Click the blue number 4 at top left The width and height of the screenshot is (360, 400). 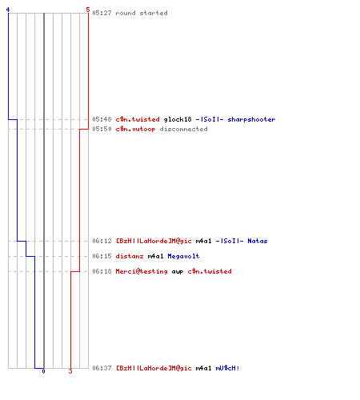8,10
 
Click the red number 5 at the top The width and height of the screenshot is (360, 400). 88,10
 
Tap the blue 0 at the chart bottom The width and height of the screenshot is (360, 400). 43,371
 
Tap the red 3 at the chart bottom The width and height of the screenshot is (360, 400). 70,371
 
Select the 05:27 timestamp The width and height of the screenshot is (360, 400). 102,13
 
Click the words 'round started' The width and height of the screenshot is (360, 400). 142,13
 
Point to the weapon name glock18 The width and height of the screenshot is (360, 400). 178,119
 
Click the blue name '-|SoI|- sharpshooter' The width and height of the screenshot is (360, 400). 235,119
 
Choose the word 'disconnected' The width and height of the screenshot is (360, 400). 183,129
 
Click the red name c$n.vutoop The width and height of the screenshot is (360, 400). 135,129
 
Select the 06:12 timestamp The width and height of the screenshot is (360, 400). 102,241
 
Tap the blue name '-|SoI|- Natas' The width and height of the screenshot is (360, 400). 242,241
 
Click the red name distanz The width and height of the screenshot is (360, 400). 130,256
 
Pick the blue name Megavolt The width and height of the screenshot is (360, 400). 183,256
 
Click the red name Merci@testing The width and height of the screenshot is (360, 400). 142,271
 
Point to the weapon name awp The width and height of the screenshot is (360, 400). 178,272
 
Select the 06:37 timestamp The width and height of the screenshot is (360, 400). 102,368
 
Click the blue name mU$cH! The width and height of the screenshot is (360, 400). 227,368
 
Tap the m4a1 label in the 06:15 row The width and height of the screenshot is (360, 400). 155,256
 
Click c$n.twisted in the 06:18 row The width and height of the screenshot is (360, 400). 210,271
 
